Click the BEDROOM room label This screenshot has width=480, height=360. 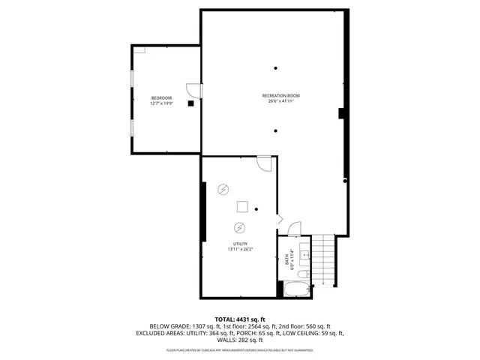(x=161, y=98)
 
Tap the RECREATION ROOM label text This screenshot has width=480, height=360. (x=281, y=95)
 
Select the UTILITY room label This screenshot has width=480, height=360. (x=240, y=244)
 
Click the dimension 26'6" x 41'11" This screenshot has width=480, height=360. (x=281, y=101)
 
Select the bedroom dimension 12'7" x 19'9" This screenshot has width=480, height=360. (x=161, y=103)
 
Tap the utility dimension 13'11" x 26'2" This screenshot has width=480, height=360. (x=240, y=249)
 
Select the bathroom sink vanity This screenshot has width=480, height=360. (x=306, y=253)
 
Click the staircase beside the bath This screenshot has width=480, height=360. (x=324, y=259)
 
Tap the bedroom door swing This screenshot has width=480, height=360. (x=193, y=90)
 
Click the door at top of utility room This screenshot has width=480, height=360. (x=264, y=162)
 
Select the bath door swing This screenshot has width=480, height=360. (x=295, y=229)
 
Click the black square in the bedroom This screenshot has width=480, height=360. (x=190, y=104)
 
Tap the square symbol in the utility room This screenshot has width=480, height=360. (x=243, y=208)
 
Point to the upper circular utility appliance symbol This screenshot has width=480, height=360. (x=223, y=189)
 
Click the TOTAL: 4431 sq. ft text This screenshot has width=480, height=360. (x=239, y=319)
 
